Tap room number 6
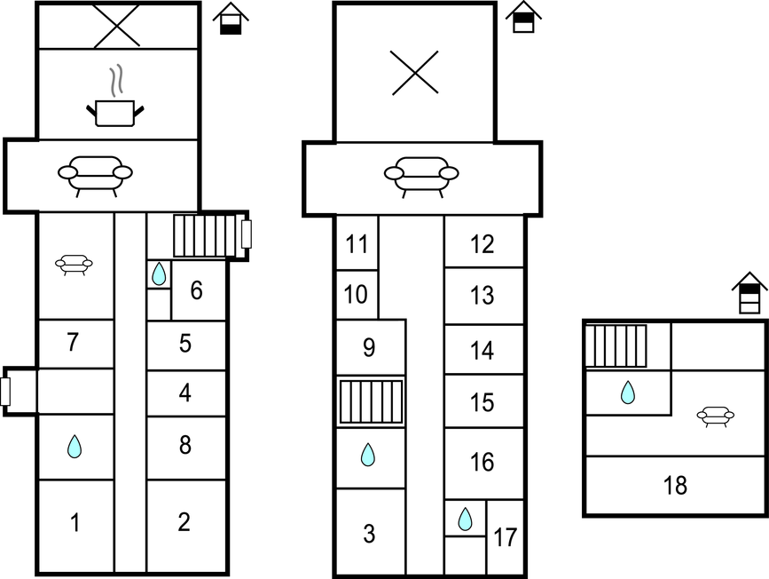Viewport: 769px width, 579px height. point(196,290)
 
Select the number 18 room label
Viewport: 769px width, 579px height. point(675,485)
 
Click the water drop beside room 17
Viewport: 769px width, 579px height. point(465,520)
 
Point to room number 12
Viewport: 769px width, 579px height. point(483,244)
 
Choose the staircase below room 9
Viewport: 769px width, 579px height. point(372,401)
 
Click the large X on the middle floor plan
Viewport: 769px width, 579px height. point(415,73)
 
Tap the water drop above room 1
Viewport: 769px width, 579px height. point(75,447)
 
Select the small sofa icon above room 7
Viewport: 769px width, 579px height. point(74,265)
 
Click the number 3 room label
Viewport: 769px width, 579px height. point(369,534)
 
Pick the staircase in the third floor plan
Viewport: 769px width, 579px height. point(616,345)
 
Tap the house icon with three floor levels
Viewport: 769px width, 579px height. point(749,293)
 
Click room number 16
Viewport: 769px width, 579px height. point(483,462)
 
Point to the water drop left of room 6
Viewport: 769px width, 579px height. point(159,274)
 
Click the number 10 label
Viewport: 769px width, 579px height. point(356,295)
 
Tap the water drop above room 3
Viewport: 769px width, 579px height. point(368,455)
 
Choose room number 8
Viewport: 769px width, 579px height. point(184,445)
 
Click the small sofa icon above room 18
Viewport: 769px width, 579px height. point(716,416)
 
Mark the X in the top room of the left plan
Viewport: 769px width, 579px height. point(117,26)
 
